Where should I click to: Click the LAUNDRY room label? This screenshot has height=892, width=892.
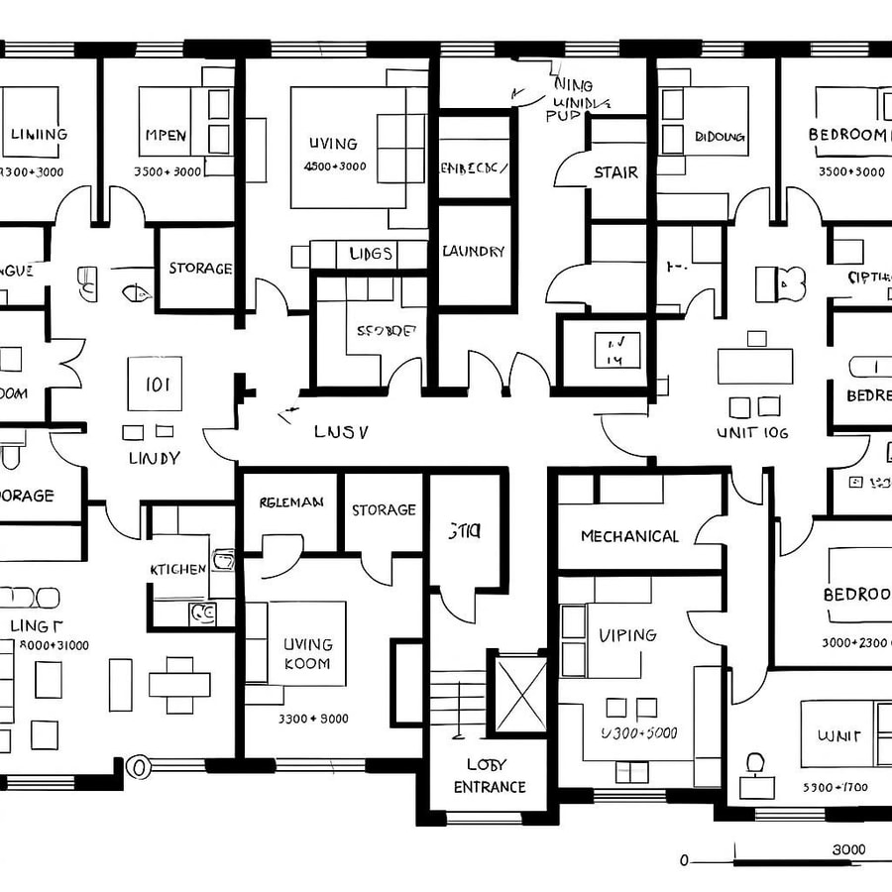click(473, 252)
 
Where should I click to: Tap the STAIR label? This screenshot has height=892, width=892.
click(615, 172)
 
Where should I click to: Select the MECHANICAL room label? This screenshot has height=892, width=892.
click(629, 536)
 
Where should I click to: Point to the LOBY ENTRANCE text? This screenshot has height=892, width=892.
click(489, 776)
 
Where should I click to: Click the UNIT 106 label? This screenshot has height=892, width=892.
click(752, 432)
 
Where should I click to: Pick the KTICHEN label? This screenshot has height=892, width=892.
click(178, 569)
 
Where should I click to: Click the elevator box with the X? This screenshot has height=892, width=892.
click(520, 693)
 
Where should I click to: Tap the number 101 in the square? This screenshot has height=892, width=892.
click(157, 385)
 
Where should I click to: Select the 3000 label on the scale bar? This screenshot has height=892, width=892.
click(847, 849)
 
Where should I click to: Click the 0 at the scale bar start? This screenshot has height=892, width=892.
click(684, 860)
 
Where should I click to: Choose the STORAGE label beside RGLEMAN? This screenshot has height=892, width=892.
click(384, 510)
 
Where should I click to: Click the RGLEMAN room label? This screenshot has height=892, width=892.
click(291, 502)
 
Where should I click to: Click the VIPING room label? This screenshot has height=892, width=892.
click(627, 634)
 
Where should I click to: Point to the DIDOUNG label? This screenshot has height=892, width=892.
click(720, 137)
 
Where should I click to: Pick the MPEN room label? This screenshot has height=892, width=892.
click(165, 135)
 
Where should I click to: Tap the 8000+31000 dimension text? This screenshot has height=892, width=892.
click(49, 645)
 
